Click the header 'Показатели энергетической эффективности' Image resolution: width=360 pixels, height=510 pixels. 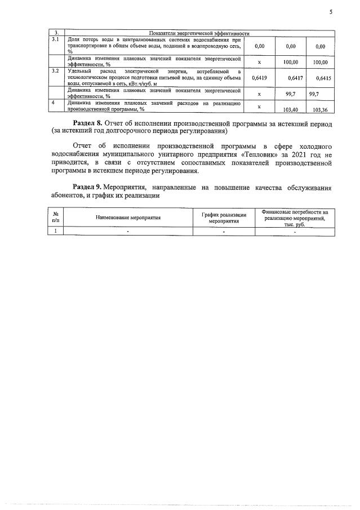[199, 33]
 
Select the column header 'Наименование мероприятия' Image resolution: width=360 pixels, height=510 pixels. [128, 217]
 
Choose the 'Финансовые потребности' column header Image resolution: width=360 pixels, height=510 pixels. [295, 217]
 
